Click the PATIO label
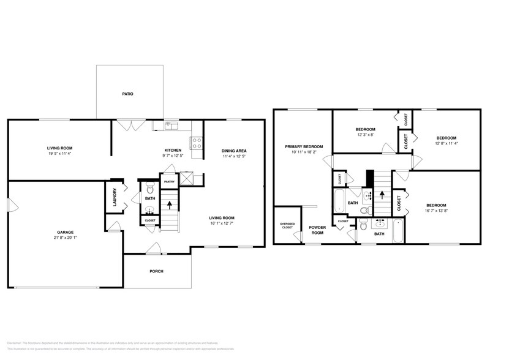[127, 94]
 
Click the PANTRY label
[169, 181]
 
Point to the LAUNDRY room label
[115, 197]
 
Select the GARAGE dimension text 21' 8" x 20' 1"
[66, 238]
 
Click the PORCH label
[157, 271]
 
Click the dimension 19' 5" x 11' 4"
[60, 154]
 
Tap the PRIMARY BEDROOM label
[303, 146]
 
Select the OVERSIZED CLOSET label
[287, 225]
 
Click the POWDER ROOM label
[317, 230]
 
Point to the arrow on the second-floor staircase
[382, 195]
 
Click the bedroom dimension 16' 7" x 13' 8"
[436, 211]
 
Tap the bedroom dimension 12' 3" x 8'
[365, 135]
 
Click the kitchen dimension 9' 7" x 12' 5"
[173, 156]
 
